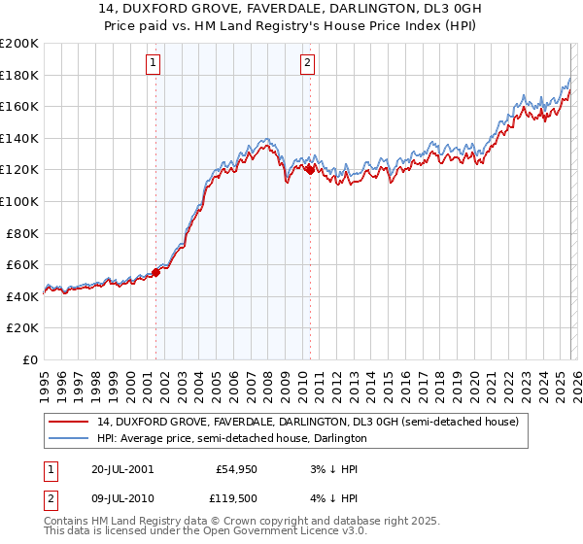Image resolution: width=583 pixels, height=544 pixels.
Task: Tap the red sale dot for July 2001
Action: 155,272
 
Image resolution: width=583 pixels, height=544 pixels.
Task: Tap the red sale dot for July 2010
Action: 309,170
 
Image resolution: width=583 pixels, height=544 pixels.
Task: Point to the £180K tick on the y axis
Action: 19,75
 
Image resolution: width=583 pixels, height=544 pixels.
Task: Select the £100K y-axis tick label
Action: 19,201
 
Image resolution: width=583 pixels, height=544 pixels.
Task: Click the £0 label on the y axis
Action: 29,359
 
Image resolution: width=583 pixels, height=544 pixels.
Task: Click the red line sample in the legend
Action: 69,422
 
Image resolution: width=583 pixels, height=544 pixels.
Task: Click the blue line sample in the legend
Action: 69,438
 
